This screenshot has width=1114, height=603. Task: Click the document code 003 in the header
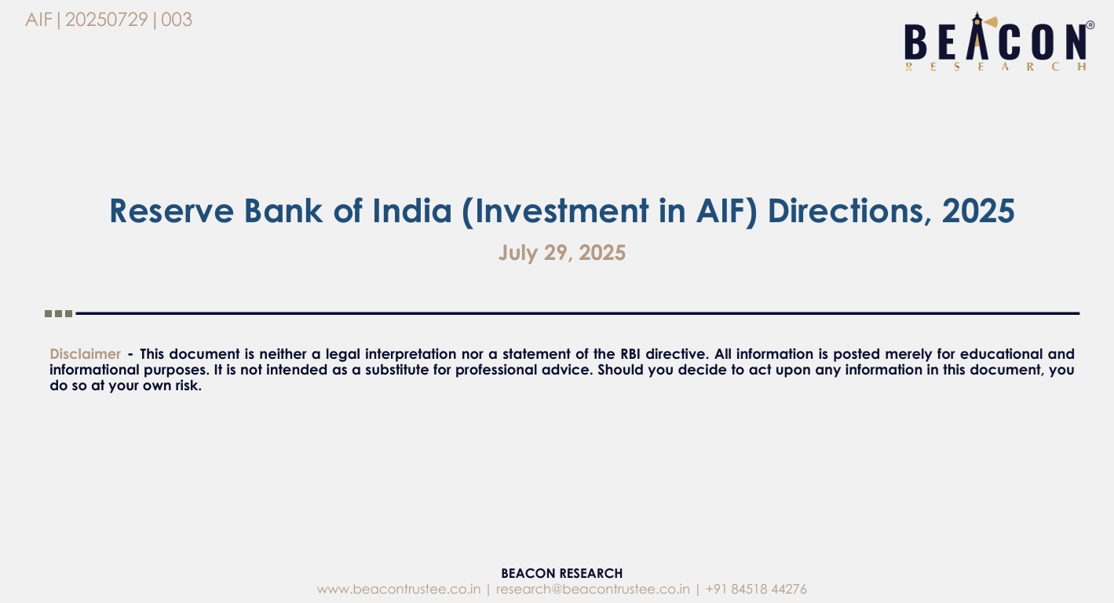tap(177, 20)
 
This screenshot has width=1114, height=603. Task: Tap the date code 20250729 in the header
tap(107, 20)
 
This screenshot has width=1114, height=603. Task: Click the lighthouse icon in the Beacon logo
tap(977, 35)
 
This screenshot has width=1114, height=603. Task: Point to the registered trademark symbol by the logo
tap(1090, 25)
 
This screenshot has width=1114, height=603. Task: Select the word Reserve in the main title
tap(172, 211)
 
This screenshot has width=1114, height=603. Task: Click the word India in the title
tap(412, 211)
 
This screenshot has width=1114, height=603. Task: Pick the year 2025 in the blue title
tap(978, 211)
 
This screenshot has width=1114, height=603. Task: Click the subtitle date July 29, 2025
tap(562, 253)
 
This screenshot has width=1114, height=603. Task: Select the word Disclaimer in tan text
tap(85, 354)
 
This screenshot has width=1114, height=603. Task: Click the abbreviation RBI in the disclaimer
tap(630, 354)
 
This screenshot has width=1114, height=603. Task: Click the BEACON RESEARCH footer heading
tap(562, 573)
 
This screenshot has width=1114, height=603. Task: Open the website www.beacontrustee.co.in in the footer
tap(399, 589)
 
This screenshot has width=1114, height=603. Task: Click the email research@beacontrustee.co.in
tap(593, 589)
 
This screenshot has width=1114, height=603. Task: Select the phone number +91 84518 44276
tap(756, 589)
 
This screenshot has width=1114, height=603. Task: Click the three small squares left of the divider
tap(59, 313)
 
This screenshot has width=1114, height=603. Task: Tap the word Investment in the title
tap(562, 211)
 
